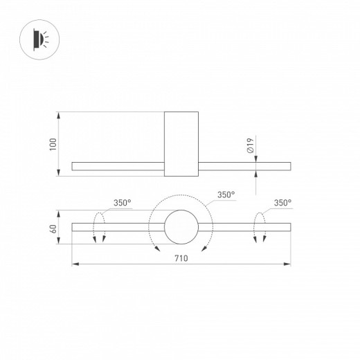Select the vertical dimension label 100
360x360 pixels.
tap(53, 144)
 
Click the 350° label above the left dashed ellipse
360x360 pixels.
tap(123, 203)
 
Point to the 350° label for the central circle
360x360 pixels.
tap(226, 195)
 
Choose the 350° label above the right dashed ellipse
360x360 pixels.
tap(282, 203)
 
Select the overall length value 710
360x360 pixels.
tap(181, 257)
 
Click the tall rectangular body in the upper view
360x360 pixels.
tap(181, 144)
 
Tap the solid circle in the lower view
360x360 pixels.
tap(181, 226)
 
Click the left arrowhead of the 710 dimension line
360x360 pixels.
tap(75, 264)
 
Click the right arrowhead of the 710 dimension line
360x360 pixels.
tap(288, 264)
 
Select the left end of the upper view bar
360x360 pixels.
tap(74, 166)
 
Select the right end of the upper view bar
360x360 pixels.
tap(289, 166)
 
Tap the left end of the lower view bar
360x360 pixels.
tap(74, 226)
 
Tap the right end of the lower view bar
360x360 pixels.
tap(289, 226)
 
